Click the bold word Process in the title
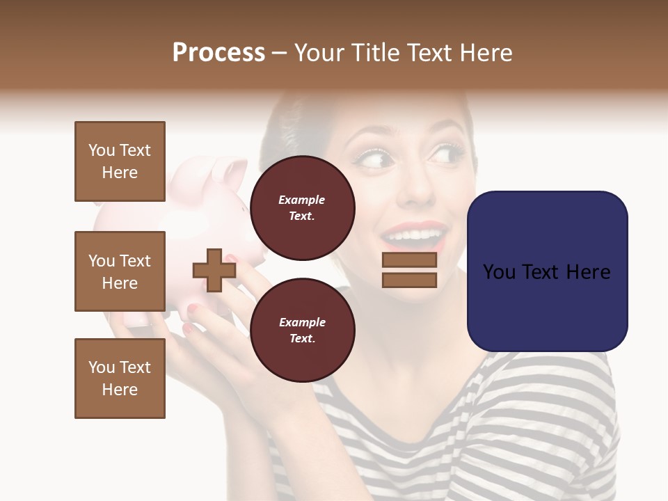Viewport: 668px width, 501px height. (x=218, y=53)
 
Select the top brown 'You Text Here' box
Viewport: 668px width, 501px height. (x=120, y=161)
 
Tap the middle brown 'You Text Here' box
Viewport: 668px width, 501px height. (x=120, y=271)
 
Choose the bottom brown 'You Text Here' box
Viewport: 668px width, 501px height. (x=120, y=379)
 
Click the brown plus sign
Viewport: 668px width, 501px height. (x=214, y=270)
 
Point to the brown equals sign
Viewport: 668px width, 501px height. (x=409, y=270)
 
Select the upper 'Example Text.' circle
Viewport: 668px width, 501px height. (x=302, y=207)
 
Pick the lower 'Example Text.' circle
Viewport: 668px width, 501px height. (x=302, y=330)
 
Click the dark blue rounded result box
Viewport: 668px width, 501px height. (x=547, y=271)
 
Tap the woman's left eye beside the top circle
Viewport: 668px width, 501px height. (x=373, y=159)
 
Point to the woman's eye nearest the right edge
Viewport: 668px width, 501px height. (x=446, y=153)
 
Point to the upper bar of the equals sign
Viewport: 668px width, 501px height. (x=409, y=260)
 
